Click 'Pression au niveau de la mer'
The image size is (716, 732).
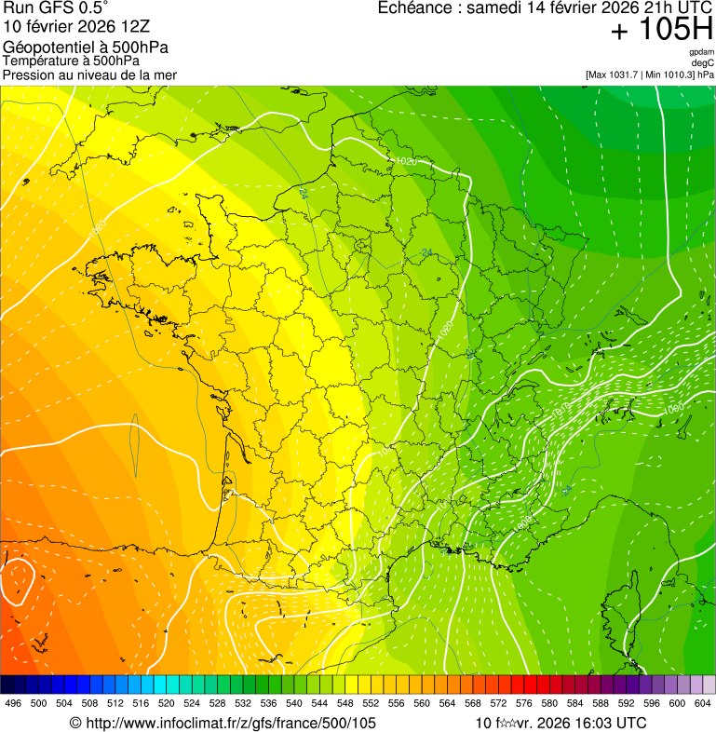[x=89, y=75]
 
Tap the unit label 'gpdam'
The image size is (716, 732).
[x=702, y=52]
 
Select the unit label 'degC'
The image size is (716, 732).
[x=704, y=62]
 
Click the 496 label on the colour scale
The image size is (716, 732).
[x=13, y=704]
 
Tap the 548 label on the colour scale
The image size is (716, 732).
[x=345, y=704]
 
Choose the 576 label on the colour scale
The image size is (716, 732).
[x=524, y=704]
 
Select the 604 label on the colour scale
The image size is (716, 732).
[x=703, y=704]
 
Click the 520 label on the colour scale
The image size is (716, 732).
[x=167, y=704]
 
